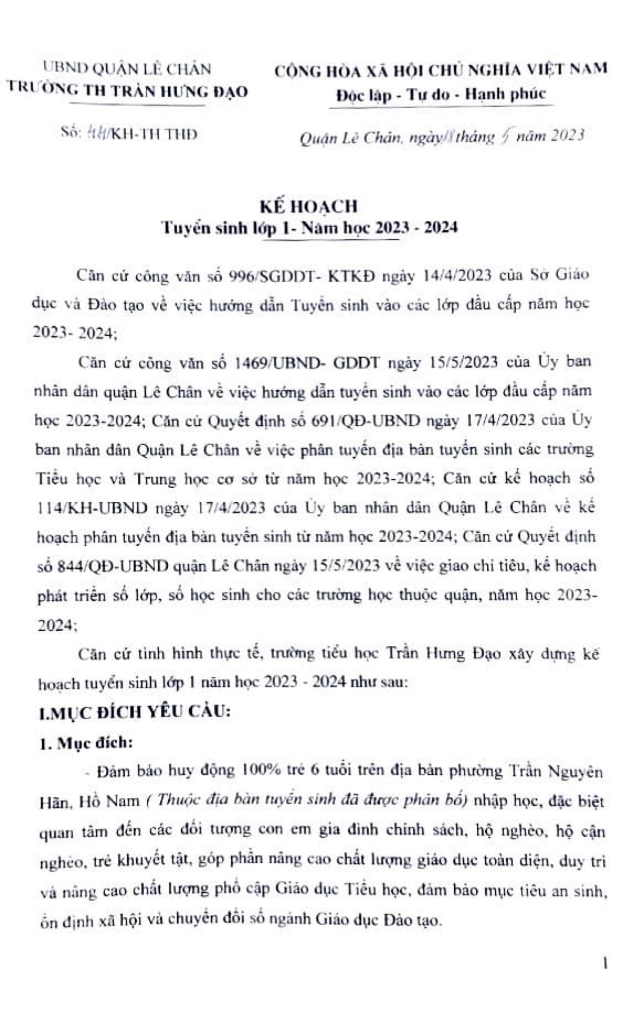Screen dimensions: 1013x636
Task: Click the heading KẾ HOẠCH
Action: coord(309,206)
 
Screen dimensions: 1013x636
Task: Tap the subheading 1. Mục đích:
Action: coord(86,742)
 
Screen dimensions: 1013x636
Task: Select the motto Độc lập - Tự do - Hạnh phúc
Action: coord(441,94)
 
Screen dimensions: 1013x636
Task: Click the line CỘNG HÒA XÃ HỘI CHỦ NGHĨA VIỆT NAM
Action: coord(441,69)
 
